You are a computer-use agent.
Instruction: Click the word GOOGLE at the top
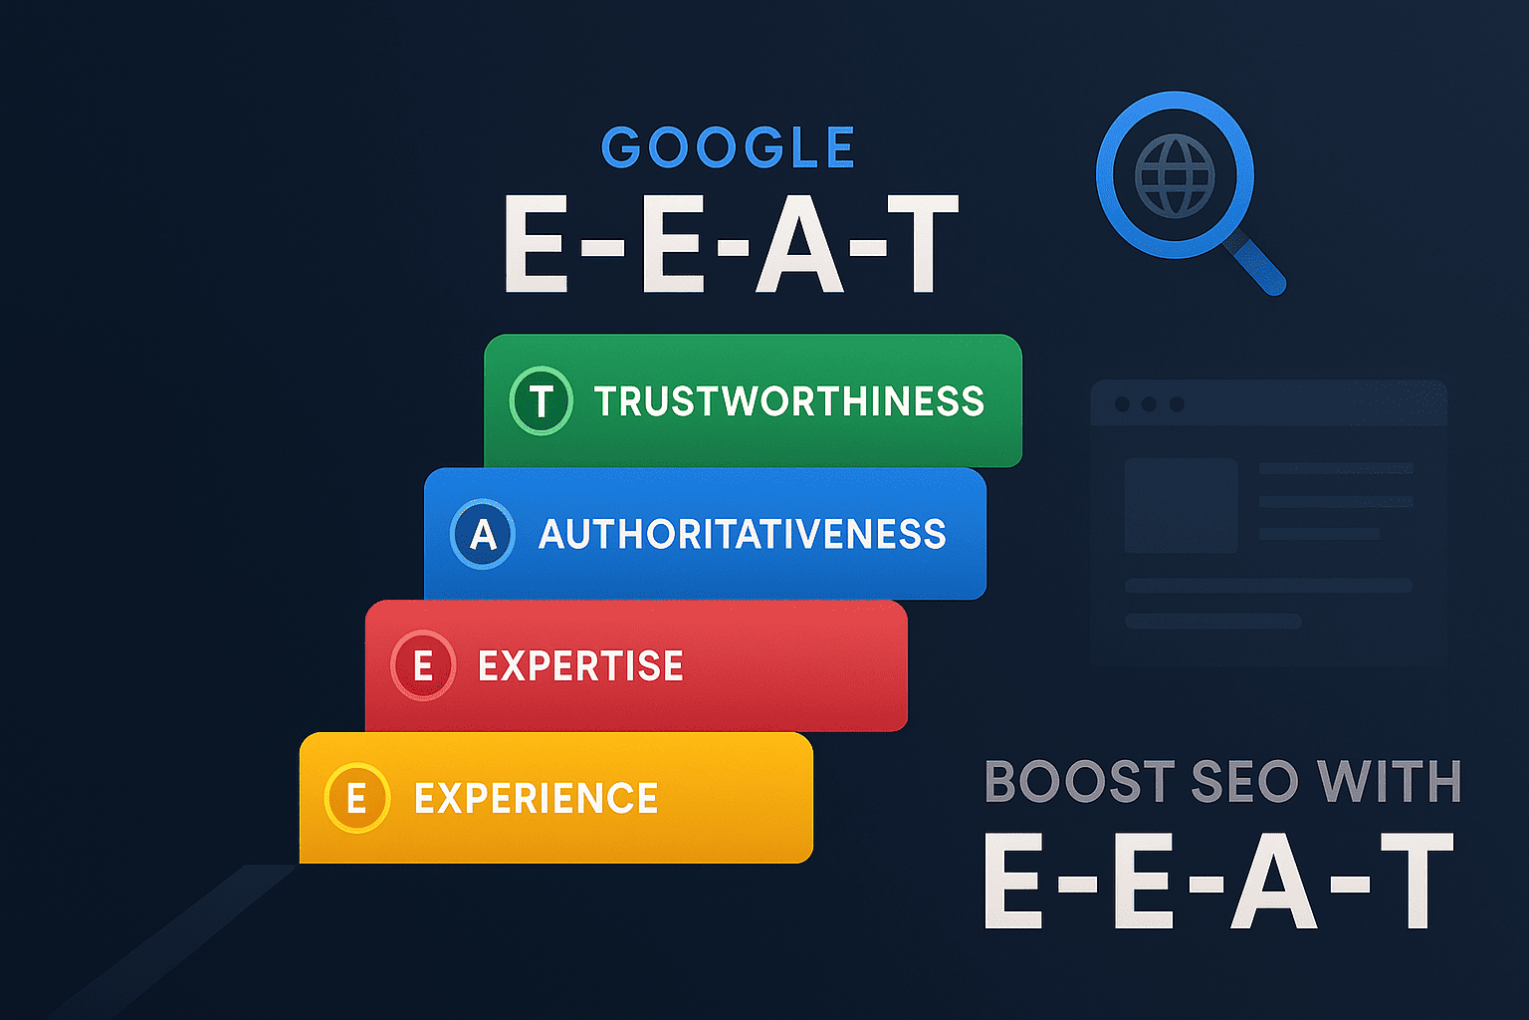tap(728, 148)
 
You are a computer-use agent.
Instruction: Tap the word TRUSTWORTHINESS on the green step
tap(788, 401)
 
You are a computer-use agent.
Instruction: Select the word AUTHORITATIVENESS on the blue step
tap(742, 535)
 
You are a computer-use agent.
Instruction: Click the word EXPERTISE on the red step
tap(580, 666)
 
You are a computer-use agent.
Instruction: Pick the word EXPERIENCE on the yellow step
tap(536, 799)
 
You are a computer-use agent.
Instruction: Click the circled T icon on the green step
tap(541, 401)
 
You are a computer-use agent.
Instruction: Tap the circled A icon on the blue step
tap(483, 535)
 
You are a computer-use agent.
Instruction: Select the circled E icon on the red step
tap(423, 665)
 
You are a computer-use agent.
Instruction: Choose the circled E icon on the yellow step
tap(356, 798)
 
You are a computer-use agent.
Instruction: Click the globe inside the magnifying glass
tap(1175, 176)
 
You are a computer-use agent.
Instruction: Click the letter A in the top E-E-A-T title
tap(799, 244)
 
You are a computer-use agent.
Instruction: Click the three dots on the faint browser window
tap(1149, 403)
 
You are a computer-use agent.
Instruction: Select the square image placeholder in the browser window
tap(1181, 505)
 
